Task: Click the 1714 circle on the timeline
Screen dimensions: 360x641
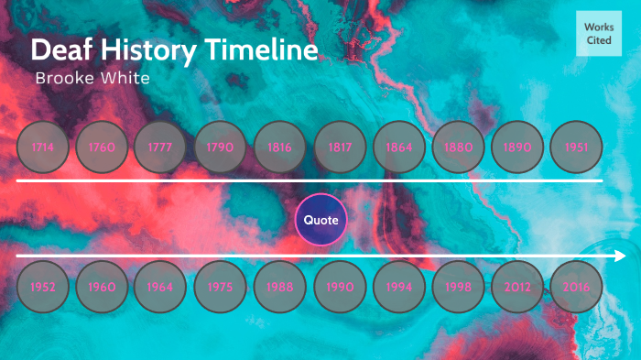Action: pyautogui.click(x=42, y=147)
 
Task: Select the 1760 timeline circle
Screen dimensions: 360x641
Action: pyautogui.click(x=102, y=147)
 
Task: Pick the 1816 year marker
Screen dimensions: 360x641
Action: pyautogui.click(x=280, y=147)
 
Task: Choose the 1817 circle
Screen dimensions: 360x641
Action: pyautogui.click(x=340, y=147)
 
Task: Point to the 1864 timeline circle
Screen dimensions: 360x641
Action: pyautogui.click(x=399, y=147)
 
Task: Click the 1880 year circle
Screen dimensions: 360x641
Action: pyautogui.click(x=458, y=147)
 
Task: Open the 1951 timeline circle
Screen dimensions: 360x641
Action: pyautogui.click(x=577, y=147)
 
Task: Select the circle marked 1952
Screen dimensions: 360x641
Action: pyautogui.click(x=42, y=287)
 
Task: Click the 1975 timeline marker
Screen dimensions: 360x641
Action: pyautogui.click(x=221, y=287)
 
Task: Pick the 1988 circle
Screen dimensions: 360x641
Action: pyautogui.click(x=280, y=287)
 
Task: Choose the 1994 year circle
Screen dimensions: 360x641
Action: pyautogui.click(x=399, y=287)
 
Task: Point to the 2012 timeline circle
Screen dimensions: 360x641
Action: pyautogui.click(x=517, y=287)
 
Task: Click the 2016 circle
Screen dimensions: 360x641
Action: pyautogui.click(x=577, y=287)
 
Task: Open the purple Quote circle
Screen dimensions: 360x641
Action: pyautogui.click(x=321, y=220)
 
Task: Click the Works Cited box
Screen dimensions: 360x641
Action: pyautogui.click(x=599, y=35)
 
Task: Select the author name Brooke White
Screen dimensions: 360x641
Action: pyautogui.click(x=92, y=78)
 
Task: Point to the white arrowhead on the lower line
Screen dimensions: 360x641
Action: pyautogui.click(x=621, y=256)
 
